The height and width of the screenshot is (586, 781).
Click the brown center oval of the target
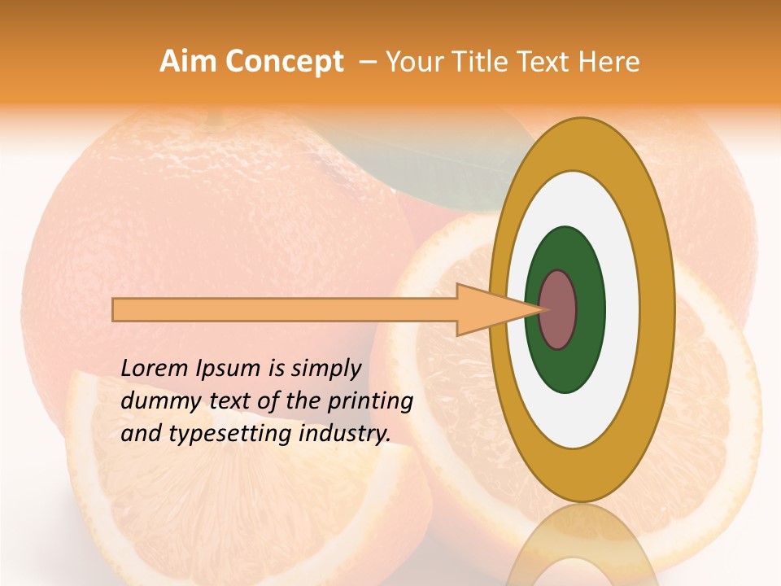coord(558,309)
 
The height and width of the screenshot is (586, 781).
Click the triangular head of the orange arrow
coord(488,309)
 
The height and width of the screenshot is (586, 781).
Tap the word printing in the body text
coord(369,402)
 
